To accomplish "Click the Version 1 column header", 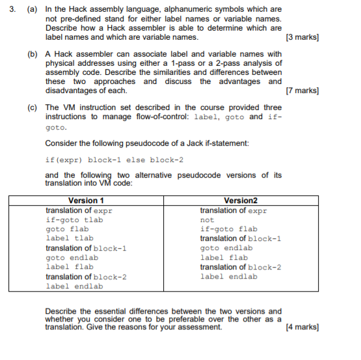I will point(86,201).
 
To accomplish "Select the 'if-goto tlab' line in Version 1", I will point(74,220).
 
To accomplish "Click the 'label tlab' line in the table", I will point(69,238).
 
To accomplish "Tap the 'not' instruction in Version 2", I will point(207,220).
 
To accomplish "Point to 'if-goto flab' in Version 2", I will point(228,229).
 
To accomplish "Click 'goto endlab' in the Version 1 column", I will point(72,258).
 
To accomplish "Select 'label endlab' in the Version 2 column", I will point(228,277).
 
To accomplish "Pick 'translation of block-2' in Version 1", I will point(86,277).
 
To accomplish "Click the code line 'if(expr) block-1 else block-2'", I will point(114,159).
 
